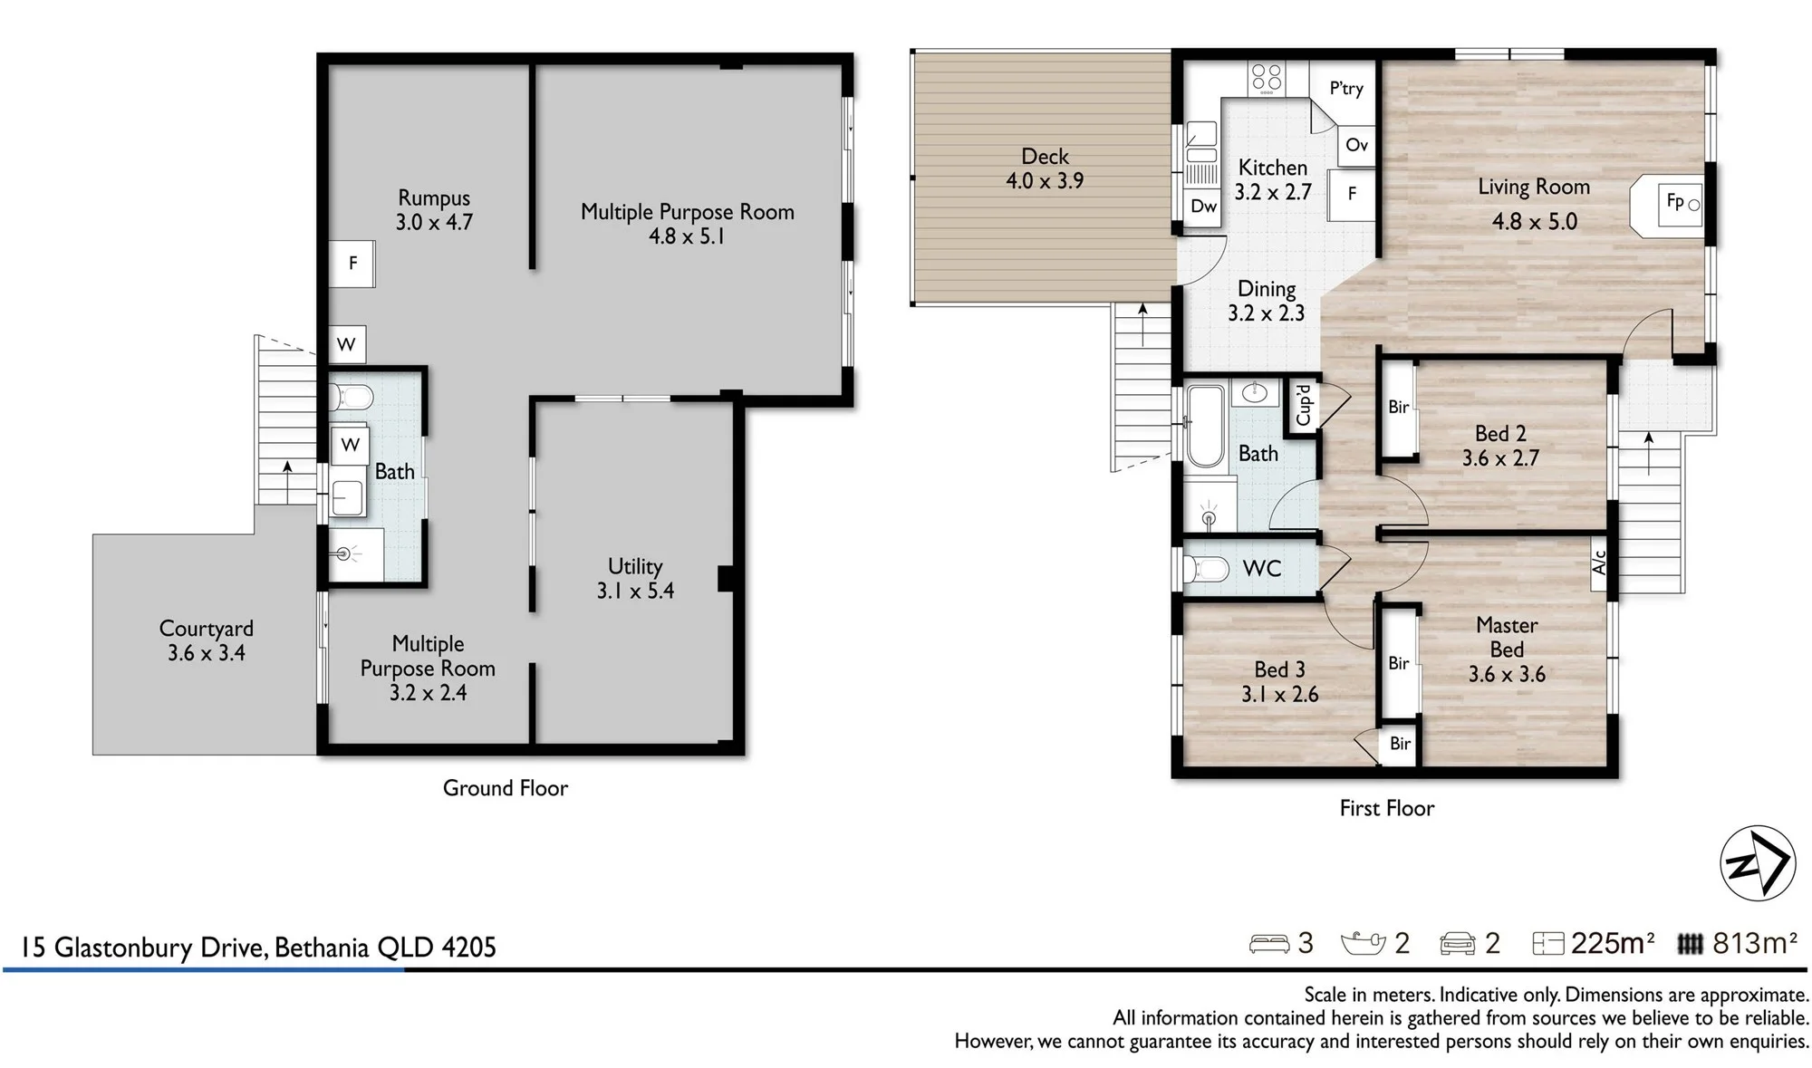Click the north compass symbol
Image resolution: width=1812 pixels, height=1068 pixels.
[1758, 863]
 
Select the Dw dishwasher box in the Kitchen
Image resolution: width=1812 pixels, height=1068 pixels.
[1203, 207]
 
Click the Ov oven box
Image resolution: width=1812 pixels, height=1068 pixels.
[1356, 145]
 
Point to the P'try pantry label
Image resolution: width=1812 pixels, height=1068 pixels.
[1346, 88]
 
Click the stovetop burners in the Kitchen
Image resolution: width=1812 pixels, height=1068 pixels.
[1267, 78]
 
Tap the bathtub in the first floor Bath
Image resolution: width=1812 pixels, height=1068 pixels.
[1205, 427]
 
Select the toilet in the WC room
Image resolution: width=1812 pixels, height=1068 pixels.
[1205, 569]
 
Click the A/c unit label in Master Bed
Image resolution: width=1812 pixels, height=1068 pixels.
[1599, 563]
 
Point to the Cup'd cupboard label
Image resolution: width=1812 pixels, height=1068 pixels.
[1304, 405]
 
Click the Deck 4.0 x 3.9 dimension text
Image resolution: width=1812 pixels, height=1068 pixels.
[1045, 180]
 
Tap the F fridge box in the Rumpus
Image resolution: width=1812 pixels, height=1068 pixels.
[352, 264]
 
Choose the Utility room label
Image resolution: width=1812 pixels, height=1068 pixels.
[635, 566]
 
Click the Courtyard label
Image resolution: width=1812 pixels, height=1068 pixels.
[207, 629]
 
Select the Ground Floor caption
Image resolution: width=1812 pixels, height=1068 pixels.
[506, 788]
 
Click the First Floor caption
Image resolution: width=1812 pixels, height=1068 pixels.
[1387, 808]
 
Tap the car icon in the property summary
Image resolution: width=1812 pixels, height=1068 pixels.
[1458, 944]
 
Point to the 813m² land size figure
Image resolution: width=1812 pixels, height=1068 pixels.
[1755, 943]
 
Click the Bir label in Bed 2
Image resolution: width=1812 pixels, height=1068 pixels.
[1398, 408]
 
